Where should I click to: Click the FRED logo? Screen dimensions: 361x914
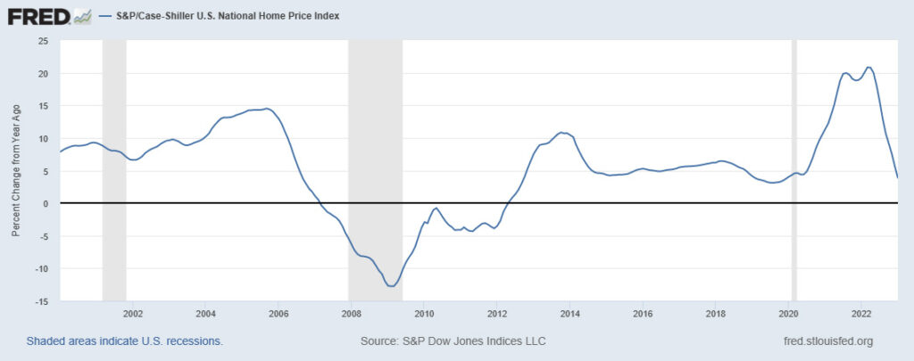point(41,16)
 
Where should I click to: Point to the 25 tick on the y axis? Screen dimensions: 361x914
point(41,41)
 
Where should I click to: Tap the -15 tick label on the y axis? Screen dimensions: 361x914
point(40,301)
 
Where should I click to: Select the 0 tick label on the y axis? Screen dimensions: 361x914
point(45,203)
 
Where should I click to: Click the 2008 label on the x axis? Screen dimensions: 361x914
point(351,314)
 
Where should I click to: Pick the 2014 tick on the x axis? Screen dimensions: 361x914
point(569,314)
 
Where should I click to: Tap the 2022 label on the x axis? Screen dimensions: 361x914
point(861,314)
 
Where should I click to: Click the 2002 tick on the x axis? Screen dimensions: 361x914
point(133,314)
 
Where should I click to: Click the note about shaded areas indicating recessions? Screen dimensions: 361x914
point(124,341)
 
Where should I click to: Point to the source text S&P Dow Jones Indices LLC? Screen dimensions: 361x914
point(453,341)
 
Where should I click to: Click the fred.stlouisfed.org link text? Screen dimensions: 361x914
point(827,341)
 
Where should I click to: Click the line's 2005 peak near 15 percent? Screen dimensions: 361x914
point(267,109)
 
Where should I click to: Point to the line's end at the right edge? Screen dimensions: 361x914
point(897,177)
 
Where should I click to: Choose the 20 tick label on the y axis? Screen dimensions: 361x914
point(42,73)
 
